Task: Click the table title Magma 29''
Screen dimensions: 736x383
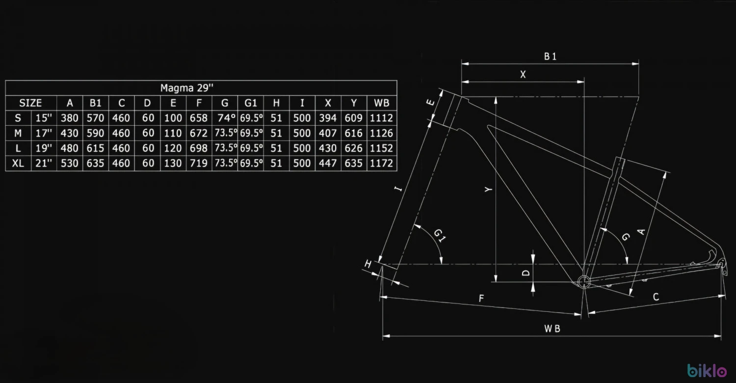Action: (186, 88)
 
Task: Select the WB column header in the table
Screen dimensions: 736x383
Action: (381, 103)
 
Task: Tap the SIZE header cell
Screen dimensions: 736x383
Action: (30, 103)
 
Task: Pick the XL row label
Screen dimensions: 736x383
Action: (18, 163)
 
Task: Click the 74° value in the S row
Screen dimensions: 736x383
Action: (226, 118)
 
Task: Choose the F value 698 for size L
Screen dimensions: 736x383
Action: (198, 148)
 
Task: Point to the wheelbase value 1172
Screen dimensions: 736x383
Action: (381, 163)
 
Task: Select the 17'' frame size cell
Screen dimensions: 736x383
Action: (44, 133)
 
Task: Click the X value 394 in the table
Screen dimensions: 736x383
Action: (328, 118)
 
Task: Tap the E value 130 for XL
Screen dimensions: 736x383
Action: (173, 163)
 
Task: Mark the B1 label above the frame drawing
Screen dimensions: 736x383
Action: (550, 56)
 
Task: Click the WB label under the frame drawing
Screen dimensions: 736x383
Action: (552, 328)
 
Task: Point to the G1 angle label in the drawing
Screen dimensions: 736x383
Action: (440, 235)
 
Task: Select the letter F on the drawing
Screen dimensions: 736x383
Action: (481, 298)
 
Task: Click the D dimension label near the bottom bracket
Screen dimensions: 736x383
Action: (526, 273)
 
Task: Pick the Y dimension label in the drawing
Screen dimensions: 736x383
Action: (489, 190)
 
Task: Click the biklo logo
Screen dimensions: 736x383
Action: (707, 370)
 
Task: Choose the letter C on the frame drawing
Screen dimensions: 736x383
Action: (656, 297)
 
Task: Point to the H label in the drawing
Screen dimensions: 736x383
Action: (368, 264)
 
